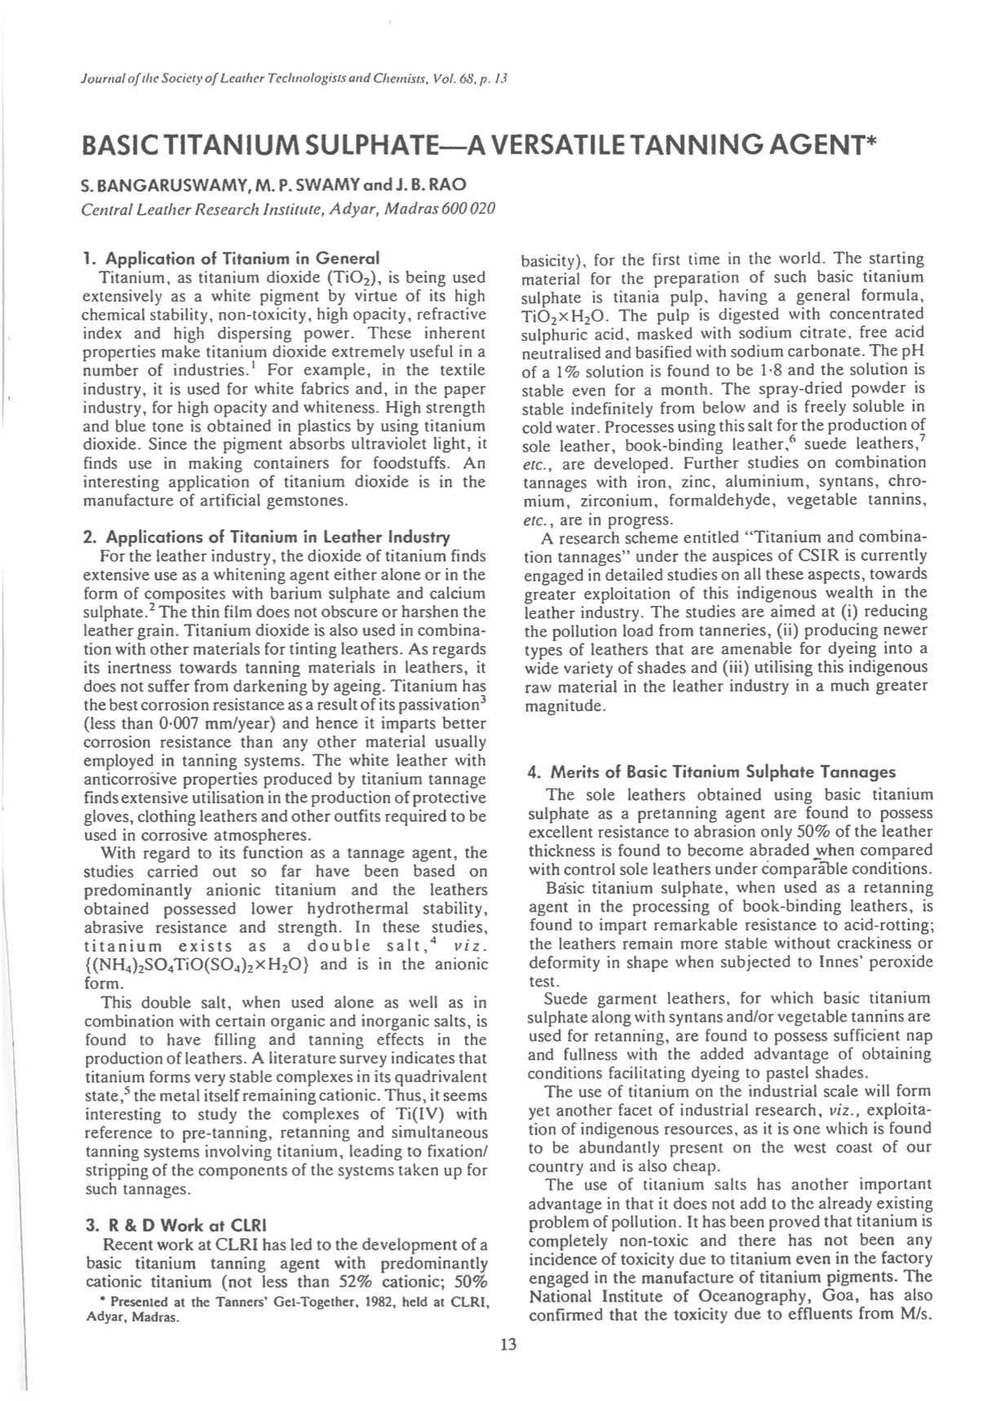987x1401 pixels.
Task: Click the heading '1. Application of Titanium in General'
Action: tap(231, 259)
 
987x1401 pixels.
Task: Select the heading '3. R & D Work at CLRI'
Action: tap(175, 1225)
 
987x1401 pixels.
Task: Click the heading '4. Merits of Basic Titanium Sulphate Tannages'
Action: tap(712, 771)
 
